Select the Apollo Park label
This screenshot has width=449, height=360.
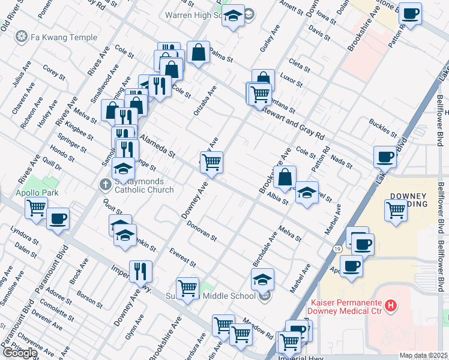[x=21, y=194]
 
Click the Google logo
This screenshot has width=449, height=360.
[x=20, y=353]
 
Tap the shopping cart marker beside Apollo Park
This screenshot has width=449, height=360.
[x=37, y=208]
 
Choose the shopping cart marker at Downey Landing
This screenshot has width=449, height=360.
[x=396, y=211]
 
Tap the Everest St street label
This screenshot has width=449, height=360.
[x=182, y=257]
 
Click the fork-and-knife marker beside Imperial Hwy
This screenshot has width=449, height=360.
[x=140, y=271]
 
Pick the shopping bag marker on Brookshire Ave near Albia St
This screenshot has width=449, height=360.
[x=285, y=176]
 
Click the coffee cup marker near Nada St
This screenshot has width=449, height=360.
[x=385, y=157]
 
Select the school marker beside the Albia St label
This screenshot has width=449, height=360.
[x=307, y=193]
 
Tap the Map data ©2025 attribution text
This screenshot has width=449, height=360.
[x=424, y=355]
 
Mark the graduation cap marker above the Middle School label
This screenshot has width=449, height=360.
[x=262, y=279]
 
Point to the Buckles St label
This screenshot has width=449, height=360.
[x=383, y=127]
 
